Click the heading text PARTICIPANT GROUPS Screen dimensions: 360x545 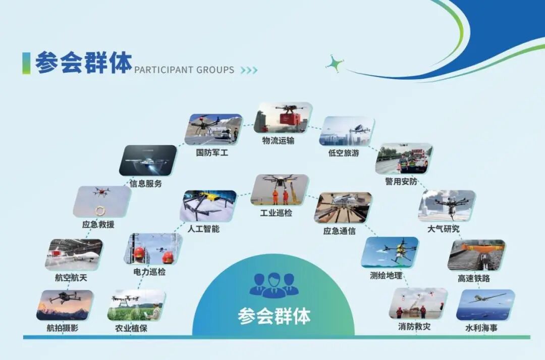[x=184, y=70]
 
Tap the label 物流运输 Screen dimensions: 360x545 [x=278, y=141]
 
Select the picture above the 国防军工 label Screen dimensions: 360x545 [x=215, y=129]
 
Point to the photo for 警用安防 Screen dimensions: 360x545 [x=404, y=159]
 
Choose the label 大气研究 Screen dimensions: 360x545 [x=444, y=229]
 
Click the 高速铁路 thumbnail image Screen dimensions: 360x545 [x=476, y=255]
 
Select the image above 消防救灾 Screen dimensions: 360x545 [x=418, y=303]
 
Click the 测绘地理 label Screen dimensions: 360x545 [x=386, y=275]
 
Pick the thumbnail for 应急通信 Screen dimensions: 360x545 [x=343, y=208]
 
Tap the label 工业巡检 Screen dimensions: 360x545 [x=276, y=213]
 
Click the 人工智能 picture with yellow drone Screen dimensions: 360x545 [x=208, y=205]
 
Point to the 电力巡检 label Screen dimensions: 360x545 [x=149, y=272]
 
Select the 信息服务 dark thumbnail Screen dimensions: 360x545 [x=147, y=160]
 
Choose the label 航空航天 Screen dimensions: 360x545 [x=71, y=277]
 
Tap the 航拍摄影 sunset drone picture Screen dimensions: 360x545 [x=65, y=305]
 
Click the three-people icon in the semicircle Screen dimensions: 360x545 [x=274, y=284]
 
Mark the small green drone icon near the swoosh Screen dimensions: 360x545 [x=335, y=64]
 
